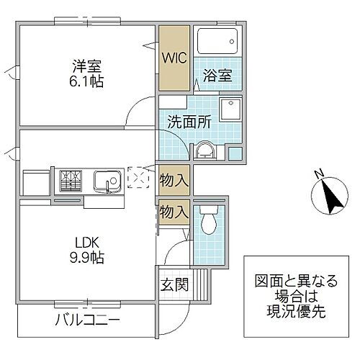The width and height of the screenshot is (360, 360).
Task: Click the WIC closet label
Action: pyautogui.click(x=174, y=58)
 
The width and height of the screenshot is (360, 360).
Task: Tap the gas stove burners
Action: pyautogui.click(x=70, y=177)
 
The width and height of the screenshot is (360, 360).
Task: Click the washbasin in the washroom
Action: pyautogui.click(x=202, y=149)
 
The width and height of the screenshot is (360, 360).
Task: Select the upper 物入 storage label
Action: pyautogui.click(x=174, y=179)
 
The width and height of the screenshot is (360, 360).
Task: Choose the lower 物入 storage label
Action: pyautogui.click(x=174, y=213)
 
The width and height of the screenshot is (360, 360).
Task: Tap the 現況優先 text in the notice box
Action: pyautogui.click(x=292, y=309)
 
